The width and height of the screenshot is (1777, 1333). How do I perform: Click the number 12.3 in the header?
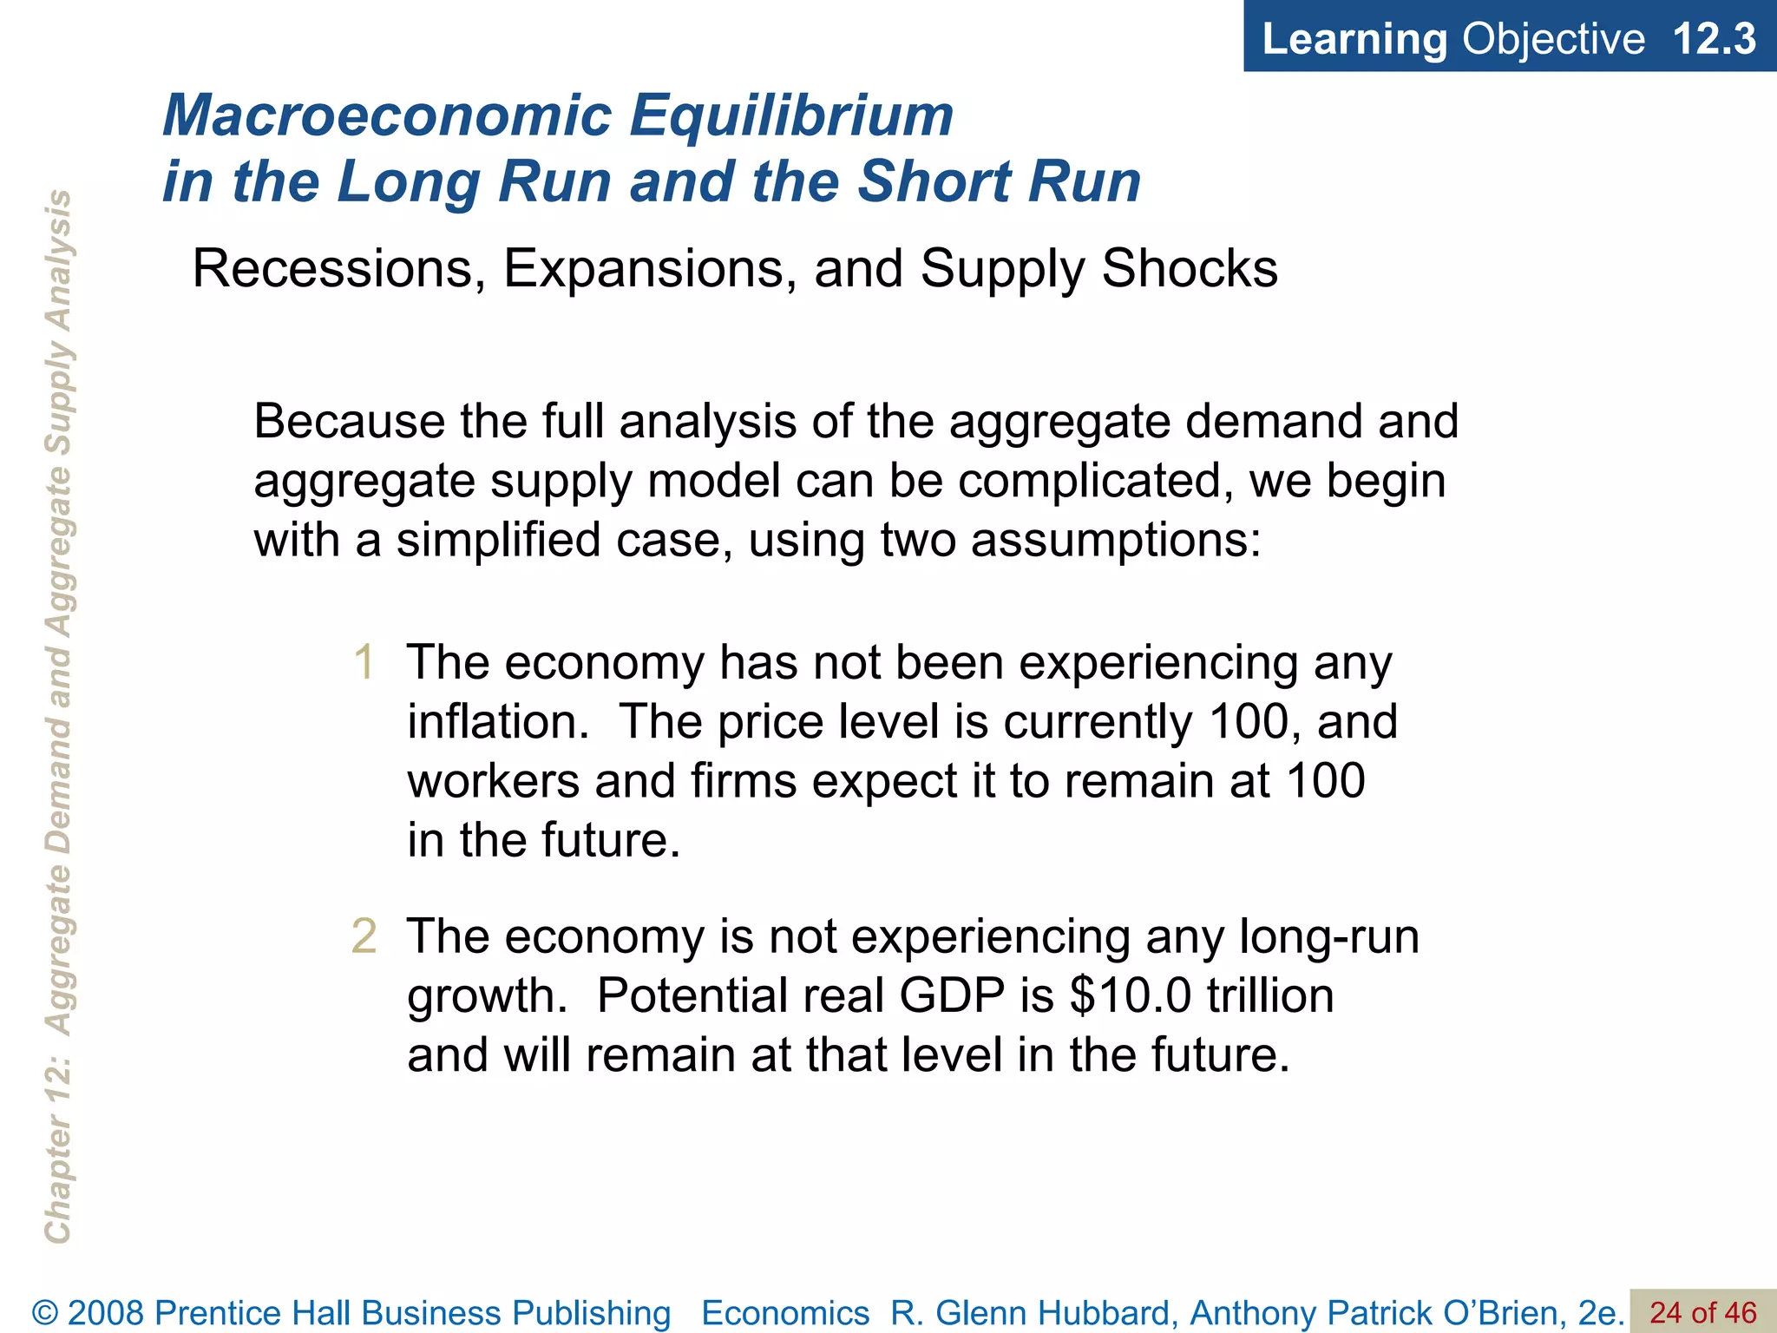point(1714,39)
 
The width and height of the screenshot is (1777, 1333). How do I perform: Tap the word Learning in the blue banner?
point(1354,39)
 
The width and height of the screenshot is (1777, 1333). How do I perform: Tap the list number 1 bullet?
point(364,663)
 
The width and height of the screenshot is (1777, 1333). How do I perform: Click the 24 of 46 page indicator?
point(1702,1312)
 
